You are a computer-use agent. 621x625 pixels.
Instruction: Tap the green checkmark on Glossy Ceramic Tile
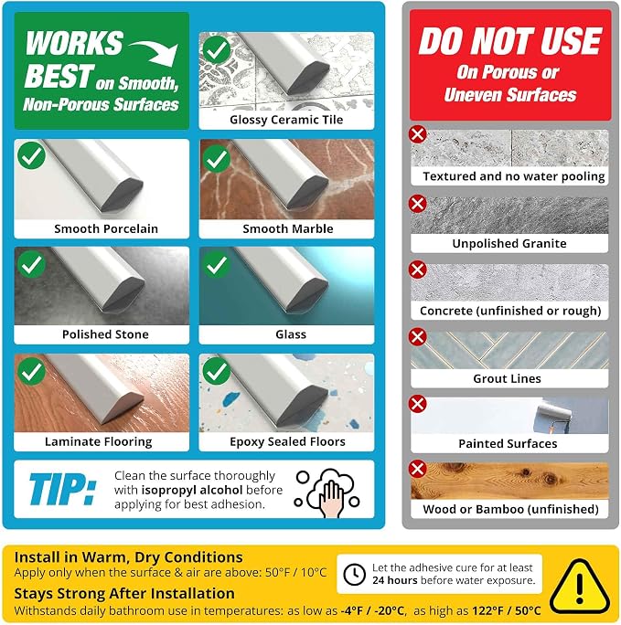[217, 50]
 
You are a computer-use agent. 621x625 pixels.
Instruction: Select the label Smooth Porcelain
[106, 228]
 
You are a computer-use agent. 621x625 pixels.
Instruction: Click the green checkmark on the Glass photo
[217, 264]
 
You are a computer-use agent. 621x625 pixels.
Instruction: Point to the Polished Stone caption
[105, 334]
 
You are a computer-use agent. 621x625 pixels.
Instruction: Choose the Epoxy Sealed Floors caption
[287, 441]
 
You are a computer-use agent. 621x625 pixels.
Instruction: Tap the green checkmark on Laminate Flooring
[31, 372]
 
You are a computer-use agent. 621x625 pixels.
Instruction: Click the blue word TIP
[62, 489]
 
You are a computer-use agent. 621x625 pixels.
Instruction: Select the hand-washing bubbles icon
[327, 493]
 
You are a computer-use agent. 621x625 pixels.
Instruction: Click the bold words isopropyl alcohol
[192, 490]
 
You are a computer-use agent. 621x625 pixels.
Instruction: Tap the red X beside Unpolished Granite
[418, 204]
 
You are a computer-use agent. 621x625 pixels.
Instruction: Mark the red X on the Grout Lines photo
[418, 336]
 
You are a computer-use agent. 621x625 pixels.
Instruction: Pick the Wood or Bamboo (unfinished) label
[510, 509]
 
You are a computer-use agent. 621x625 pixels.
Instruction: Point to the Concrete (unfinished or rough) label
[510, 311]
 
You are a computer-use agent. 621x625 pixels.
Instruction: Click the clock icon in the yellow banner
[354, 575]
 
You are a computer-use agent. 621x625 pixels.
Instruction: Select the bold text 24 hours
[395, 580]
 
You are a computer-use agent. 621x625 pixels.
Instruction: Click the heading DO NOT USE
[510, 41]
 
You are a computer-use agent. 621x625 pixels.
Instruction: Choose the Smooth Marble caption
[288, 228]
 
